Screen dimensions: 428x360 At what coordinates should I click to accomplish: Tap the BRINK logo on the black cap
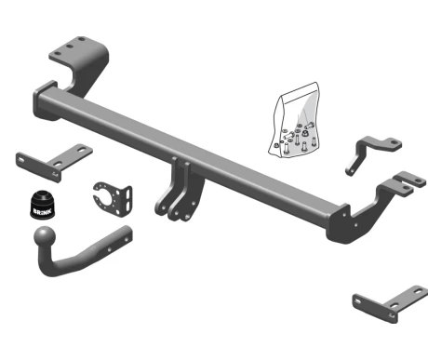(43, 212)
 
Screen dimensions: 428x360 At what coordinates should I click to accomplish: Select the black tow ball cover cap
(43, 205)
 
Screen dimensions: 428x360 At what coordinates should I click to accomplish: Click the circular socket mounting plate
(113, 199)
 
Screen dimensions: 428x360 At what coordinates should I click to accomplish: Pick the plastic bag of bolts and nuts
(295, 120)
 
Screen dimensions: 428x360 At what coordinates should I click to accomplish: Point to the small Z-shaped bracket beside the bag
(373, 153)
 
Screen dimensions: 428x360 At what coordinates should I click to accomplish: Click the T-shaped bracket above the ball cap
(54, 162)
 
